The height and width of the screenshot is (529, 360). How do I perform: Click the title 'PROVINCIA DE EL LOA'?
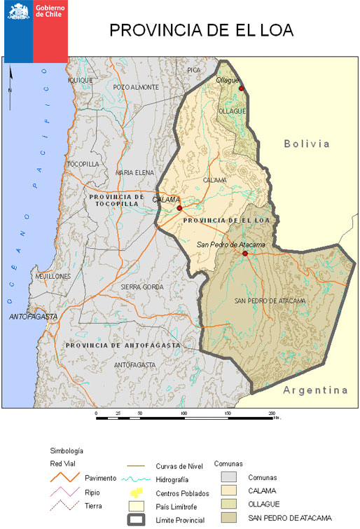[x=201, y=30]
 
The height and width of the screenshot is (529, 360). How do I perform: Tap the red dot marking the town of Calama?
[x=179, y=208]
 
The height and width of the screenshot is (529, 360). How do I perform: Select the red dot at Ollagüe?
[x=242, y=89]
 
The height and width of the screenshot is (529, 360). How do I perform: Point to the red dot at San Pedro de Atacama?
[x=244, y=253]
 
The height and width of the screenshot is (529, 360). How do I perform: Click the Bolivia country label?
[x=306, y=144]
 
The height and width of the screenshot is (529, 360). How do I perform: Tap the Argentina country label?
[x=315, y=390]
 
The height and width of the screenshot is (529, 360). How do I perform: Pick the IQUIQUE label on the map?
[x=81, y=80]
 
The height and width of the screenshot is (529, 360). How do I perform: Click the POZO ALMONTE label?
[x=136, y=87]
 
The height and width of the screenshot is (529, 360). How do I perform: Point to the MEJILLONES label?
[x=53, y=277]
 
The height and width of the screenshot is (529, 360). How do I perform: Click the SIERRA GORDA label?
[x=142, y=287]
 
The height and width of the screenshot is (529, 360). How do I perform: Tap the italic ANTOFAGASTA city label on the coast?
[x=33, y=317]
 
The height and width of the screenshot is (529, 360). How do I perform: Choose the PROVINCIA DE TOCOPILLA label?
[x=117, y=200]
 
